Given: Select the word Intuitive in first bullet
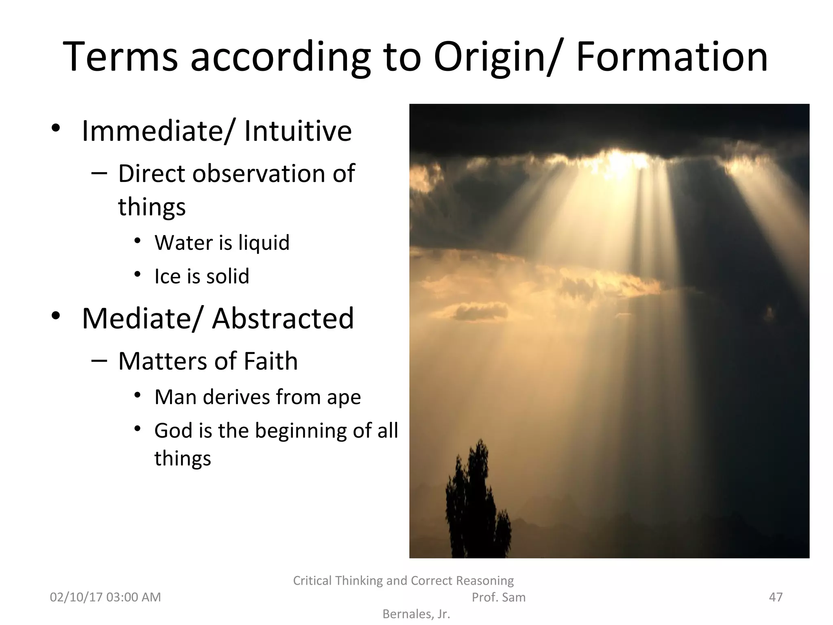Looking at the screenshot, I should (298, 131).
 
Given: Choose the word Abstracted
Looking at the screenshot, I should (283, 318).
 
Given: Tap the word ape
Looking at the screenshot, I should (344, 398).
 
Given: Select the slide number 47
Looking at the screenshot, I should (776, 597).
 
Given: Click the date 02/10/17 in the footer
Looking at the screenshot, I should (76, 597).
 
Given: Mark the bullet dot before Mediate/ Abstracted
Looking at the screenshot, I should (56, 315).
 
